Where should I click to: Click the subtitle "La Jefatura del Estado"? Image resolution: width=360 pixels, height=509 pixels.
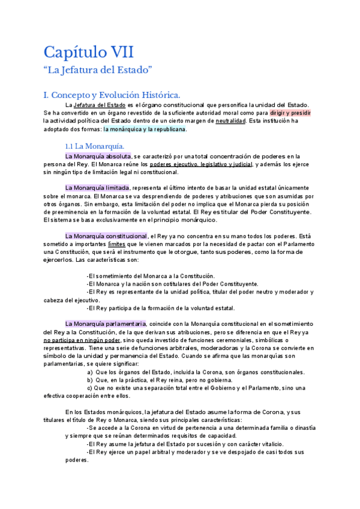[98, 70]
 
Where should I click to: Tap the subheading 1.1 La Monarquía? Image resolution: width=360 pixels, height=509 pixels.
[94, 146]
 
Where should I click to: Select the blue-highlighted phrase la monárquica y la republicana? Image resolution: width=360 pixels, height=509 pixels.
[145, 129]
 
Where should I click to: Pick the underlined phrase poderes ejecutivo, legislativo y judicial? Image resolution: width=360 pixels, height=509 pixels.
[200, 164]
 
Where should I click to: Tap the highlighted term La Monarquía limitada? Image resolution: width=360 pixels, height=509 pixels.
[97, 187]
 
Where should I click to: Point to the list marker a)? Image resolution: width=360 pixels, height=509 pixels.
[90, 372]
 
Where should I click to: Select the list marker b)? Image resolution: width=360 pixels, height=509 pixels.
[90, 380]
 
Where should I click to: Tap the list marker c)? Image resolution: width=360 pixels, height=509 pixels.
[89, 388]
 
